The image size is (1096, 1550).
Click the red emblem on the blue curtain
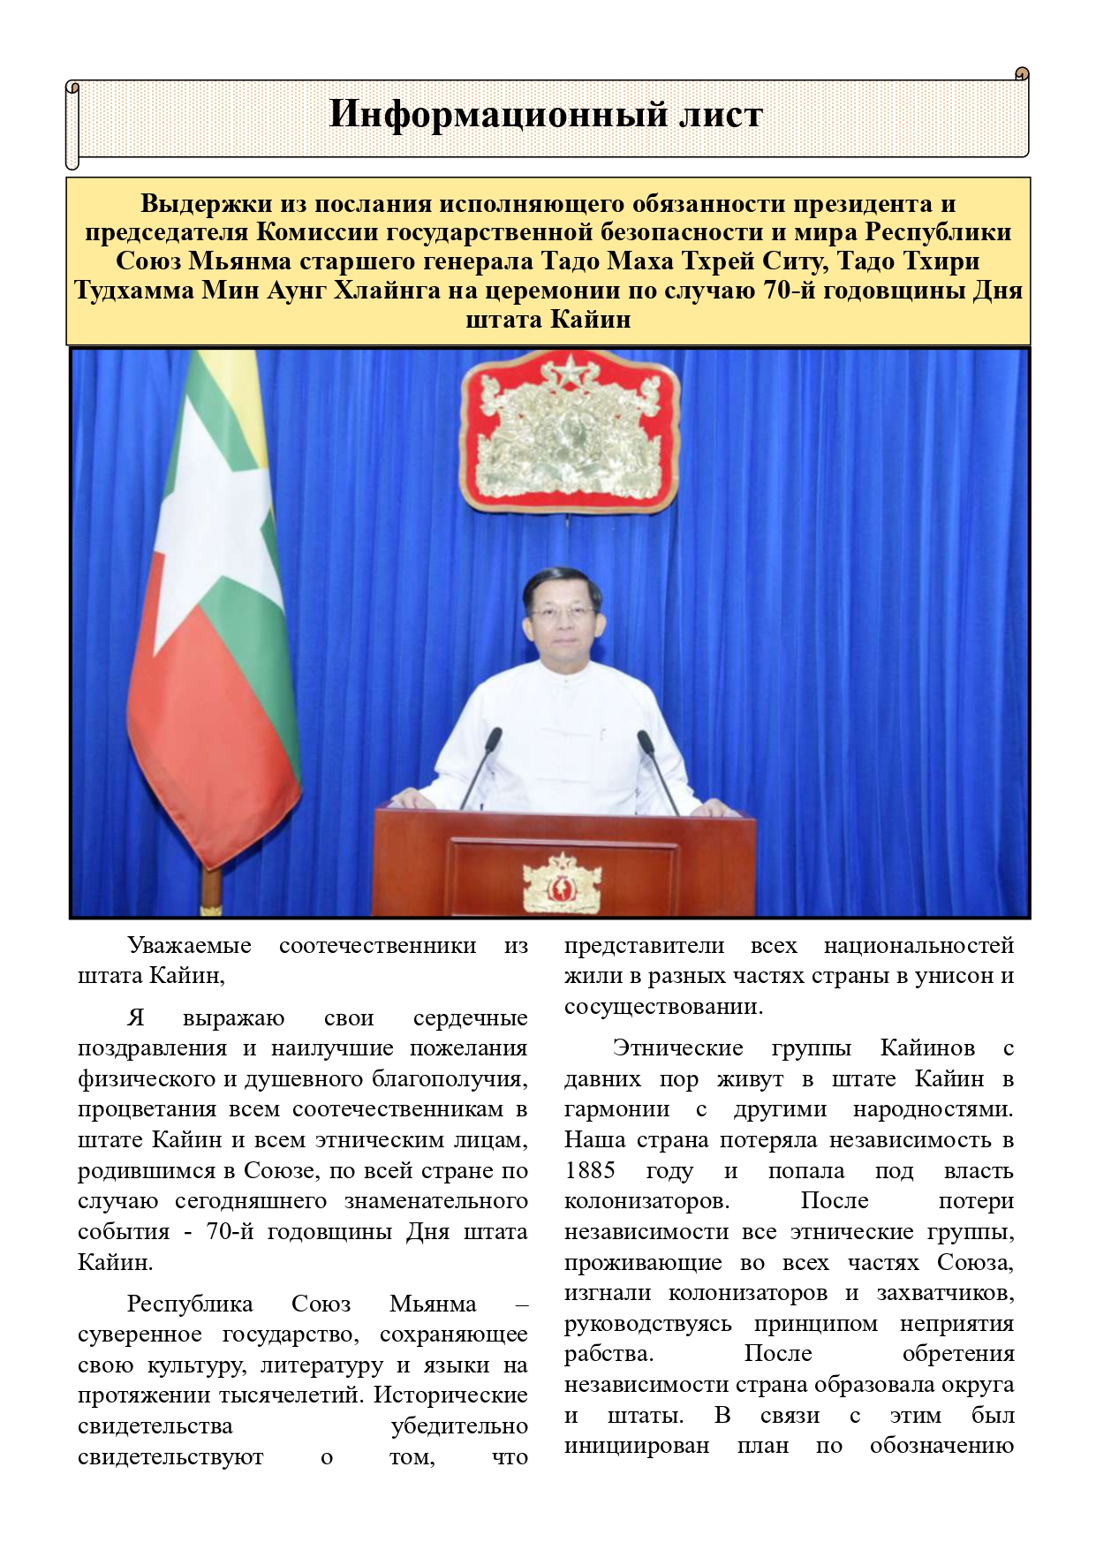(x=569, y=432)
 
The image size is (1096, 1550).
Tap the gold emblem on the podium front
(x=562, y=881)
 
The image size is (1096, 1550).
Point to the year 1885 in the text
(x=590, y=1171)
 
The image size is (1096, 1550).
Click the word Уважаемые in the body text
(x=189, y=946)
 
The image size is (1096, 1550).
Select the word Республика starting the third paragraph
(x=189, y=1304)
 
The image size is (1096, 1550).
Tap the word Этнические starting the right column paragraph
(x=677, y=1048)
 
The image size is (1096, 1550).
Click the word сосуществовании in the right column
(x=662, y=1007)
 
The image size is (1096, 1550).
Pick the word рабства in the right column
(x=608, y=1354)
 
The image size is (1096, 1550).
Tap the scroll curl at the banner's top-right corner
(x=1022, y=74)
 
